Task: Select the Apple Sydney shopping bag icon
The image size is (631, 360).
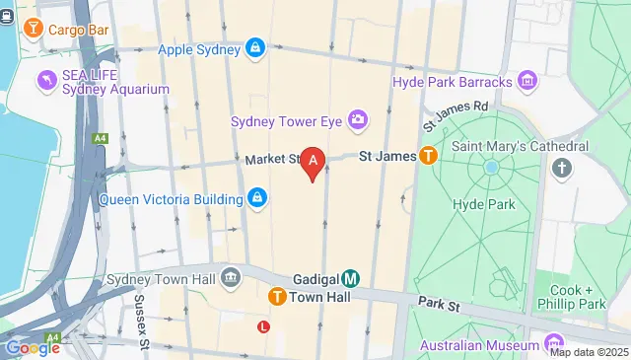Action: tap(255, 48)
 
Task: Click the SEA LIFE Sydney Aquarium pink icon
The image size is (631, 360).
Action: tap(43, 78)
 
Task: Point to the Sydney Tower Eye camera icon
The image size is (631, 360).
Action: tap(357, 121)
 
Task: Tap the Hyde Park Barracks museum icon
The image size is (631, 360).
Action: tap(526, 79)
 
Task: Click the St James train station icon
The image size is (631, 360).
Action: tap(428, 156)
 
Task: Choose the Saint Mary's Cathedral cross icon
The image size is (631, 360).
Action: tap(562, 168)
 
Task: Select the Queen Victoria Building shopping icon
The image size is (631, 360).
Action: tap(256, 198)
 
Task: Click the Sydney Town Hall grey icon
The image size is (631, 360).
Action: tap(231, 278)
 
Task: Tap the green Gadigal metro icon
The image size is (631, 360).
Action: tap(351, 278)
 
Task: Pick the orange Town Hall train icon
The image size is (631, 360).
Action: tap(278, 296)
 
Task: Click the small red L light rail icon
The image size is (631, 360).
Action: tap(263, 326)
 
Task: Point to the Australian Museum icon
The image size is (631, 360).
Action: tap(552, 344)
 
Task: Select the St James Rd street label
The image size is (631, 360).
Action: tap(455, 115)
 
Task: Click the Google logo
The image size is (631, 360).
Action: tap(32, 347)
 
